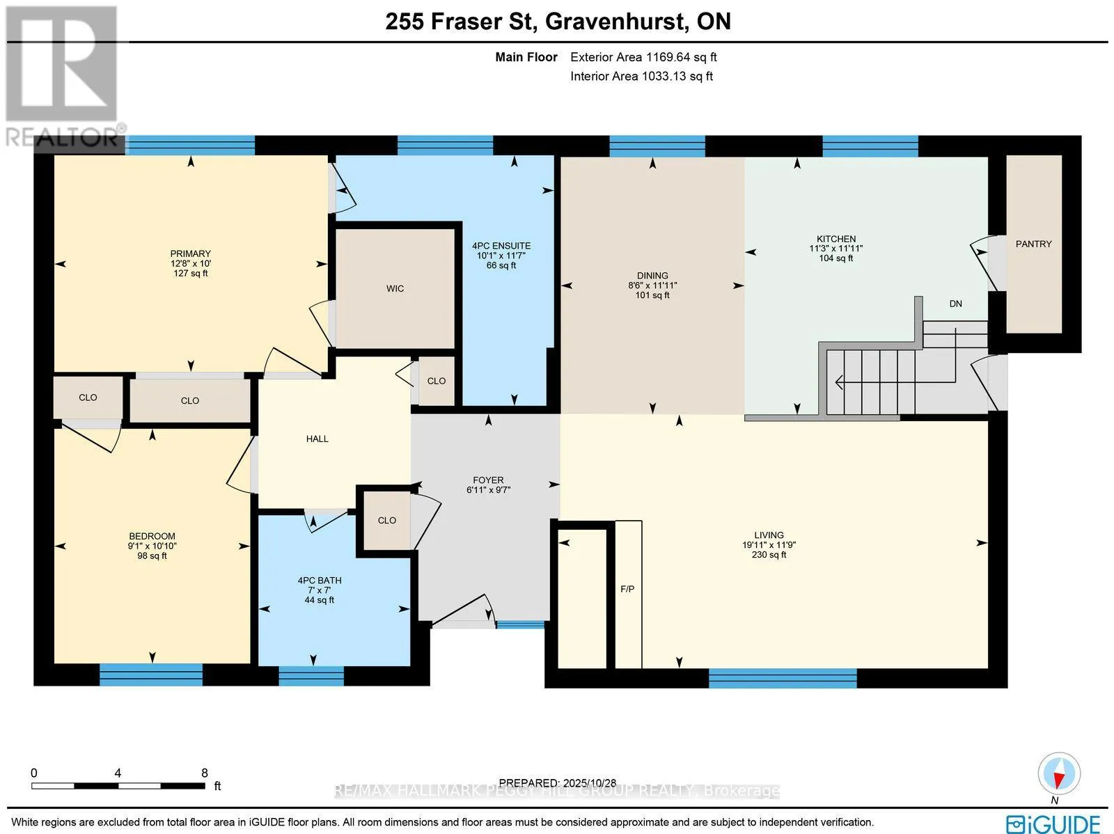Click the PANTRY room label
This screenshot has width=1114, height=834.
coord(1033,244)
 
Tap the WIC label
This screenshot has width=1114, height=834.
coord(395,289)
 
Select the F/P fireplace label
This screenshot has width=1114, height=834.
coord(627,589)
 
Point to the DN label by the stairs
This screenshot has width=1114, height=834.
coord(956,304)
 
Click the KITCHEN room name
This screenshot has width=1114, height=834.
coord(836,239)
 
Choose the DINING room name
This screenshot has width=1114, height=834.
coord(652,276)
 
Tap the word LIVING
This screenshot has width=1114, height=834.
coord(769,535)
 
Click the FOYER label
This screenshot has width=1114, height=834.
coord(488,480)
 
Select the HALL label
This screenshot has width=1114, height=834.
coord(317,439)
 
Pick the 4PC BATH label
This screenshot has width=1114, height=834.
coord(319,581)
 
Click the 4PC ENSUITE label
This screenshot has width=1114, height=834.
coord(501,246)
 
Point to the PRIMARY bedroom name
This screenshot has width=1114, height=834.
coord(190,253)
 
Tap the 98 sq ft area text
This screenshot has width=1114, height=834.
coord(152,556)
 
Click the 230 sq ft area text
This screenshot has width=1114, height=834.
coord(769,555)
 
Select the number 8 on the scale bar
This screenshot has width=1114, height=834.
coord(205,773)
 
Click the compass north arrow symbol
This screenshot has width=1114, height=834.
coord(1059,773)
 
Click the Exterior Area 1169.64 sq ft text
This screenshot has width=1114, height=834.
coord(643,57)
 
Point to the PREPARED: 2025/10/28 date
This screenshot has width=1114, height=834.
coord(557,782)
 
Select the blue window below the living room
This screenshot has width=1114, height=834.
coord(783,678)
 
